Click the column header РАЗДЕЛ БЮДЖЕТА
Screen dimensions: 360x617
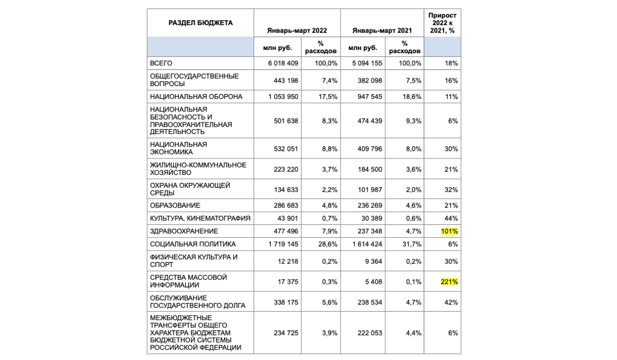201,23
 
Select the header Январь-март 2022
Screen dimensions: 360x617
297,31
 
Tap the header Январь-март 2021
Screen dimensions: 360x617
382,31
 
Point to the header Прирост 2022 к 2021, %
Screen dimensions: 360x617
443,23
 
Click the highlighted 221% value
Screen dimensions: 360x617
449,282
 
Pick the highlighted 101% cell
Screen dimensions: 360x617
449,231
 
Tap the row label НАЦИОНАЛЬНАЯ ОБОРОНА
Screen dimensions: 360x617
196,97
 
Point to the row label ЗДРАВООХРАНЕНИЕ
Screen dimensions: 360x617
184,231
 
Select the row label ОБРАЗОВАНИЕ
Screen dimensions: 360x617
175,205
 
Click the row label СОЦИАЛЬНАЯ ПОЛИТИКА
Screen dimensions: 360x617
193,244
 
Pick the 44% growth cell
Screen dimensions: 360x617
452,219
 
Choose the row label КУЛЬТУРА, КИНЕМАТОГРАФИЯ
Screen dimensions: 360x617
201,219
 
